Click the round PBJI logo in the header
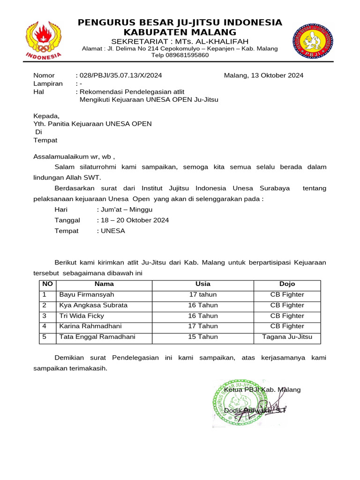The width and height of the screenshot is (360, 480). tap(313, 41)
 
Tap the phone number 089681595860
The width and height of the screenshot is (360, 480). tap(180, 55)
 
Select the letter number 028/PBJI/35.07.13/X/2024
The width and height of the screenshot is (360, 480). tap(121, 75)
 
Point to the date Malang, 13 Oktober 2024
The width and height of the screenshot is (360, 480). tap(263, 75)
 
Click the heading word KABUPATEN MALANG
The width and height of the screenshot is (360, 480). tap(180, 32)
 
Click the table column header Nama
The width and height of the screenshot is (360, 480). tap(104, 284)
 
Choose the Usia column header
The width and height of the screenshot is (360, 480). tap(203, 284)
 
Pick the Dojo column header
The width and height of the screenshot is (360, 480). tap(287, 284)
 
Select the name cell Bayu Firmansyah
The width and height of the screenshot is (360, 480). tap(87, 295)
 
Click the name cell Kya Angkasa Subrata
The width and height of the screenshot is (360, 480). tap(93, 306)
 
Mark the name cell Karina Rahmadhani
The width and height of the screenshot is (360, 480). tap(90, 326)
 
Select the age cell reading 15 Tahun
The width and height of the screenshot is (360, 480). tap(203, 337)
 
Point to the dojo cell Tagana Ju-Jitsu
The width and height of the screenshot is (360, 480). tap(287, 337)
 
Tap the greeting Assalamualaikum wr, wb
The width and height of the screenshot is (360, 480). tap(74, 157)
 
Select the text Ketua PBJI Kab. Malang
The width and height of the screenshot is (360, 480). tap(262, 390)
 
